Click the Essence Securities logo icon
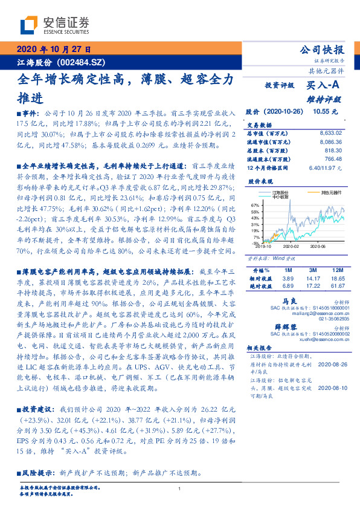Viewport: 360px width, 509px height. point(29,25)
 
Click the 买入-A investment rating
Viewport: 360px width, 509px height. point(325,86)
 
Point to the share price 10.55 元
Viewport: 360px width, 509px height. point(326,111)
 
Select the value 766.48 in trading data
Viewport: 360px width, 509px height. point(333,159)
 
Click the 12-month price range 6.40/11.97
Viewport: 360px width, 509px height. point(325,167)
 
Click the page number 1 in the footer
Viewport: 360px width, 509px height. point(180,490)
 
